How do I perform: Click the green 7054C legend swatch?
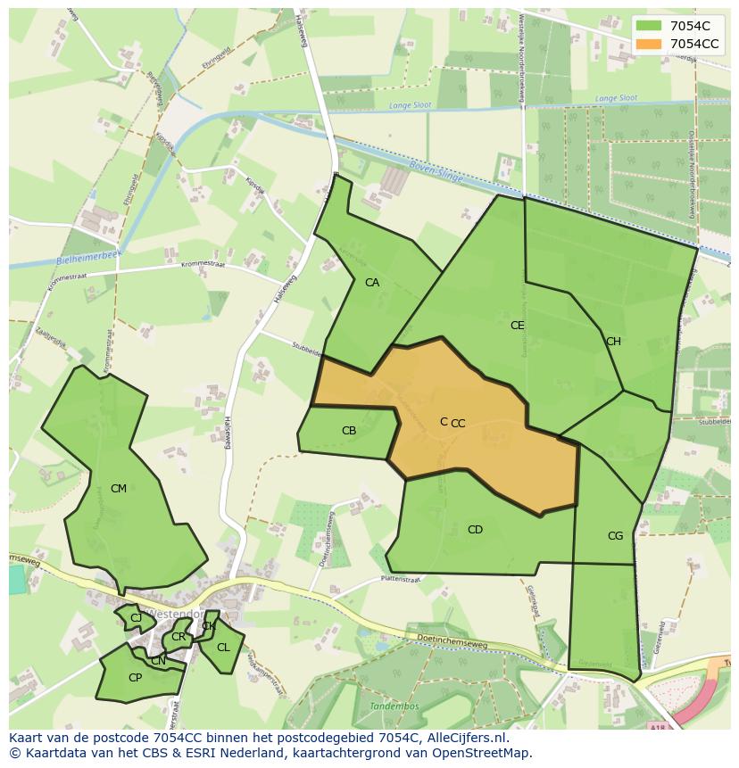click(x=649, y=26)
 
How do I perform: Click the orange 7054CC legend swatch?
click(x=649, y=43)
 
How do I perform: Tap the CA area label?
click(x=372, y=283)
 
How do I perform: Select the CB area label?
click(x=349, y=431)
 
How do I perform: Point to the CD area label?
click(x=475, y=530)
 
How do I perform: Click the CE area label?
click(x=518, y=326)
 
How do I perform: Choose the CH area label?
click(x=613, y=342)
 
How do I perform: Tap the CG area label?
click(x=615, y=536)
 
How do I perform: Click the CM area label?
click(x=119, y=489)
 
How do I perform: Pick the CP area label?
click(x=135, y=678)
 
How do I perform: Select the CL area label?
click(x=223, y=648)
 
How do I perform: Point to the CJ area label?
click(x=136, y=617)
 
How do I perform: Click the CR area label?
click(x=179, y=637)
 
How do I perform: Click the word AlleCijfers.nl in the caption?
click(x=467, y=738)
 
